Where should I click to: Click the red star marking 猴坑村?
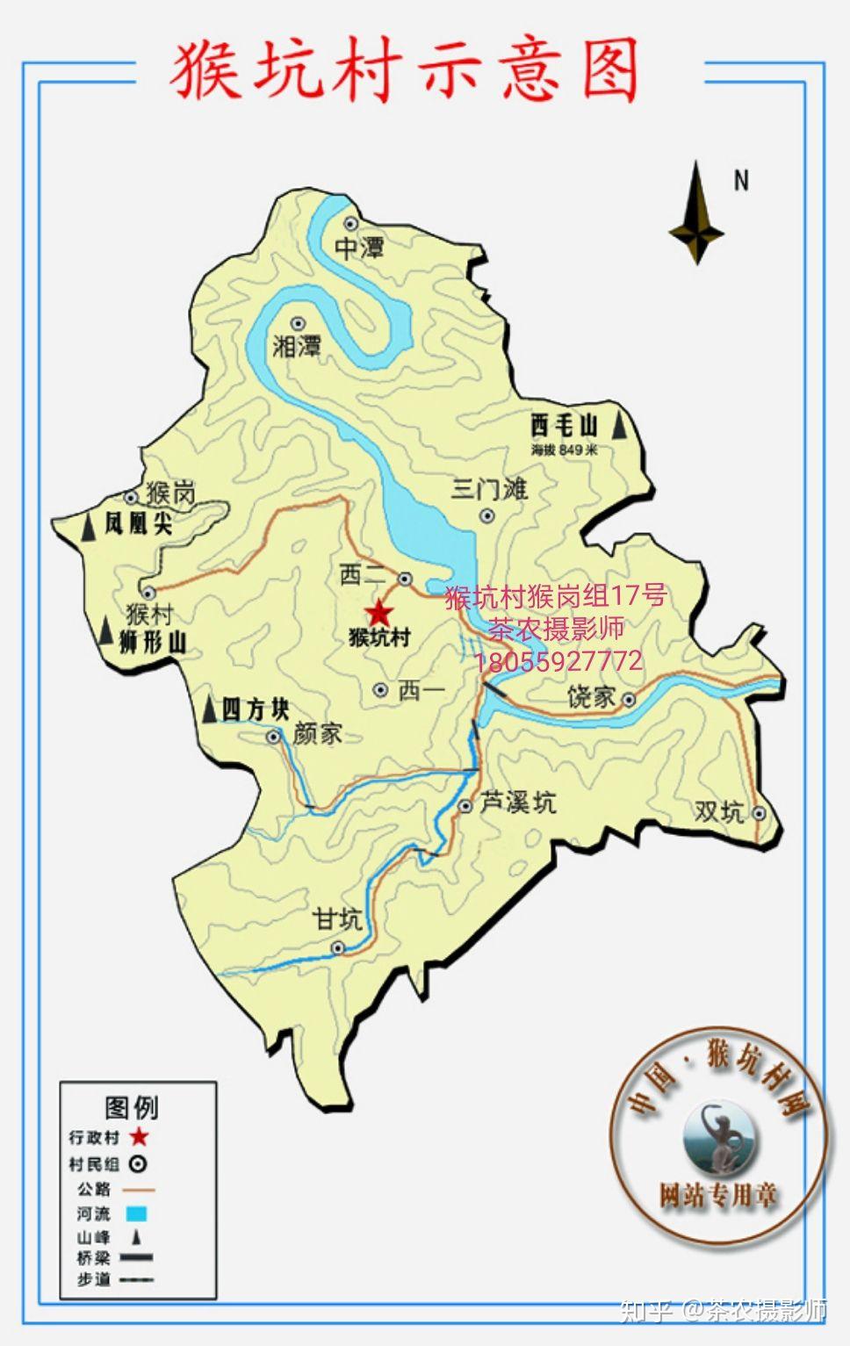(379, 613)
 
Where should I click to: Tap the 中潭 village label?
(359, 248)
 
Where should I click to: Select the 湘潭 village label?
(297, 346)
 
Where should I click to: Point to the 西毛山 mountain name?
(564, 426)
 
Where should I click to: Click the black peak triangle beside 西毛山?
(621, 426)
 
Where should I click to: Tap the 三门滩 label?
(489, 488)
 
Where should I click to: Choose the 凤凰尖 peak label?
(138, 524)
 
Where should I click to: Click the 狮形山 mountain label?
(153, 642)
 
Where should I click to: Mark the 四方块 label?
(255, 709)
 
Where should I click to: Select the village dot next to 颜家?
(274, 736)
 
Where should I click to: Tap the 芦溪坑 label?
(518, 802)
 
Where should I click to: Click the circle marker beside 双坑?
(759, 813)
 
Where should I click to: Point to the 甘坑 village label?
(338, 919)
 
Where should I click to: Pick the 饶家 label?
(591, 697)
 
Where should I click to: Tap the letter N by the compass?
(741, 181)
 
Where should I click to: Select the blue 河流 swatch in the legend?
(135, 1214)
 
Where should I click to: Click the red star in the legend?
(139, 1137)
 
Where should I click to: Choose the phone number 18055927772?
(558, 661)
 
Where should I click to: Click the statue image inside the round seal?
(719, 1138)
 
